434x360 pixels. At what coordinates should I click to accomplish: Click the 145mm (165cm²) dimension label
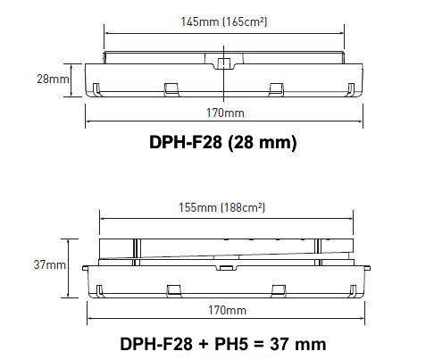pyautogui.click(x=224, y=21)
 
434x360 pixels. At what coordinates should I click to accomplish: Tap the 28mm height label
pyautogui.click(x=53, y=79)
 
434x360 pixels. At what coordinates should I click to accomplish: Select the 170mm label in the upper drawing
pyautogui.click(x=225, y=113)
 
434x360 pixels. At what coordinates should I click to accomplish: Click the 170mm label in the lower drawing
pyautogui.click(x=227, y=310)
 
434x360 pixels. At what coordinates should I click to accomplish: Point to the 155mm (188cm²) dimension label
pyautogui.click(x=221, y=207)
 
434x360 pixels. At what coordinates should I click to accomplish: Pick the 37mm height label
pyautogui.click(x=50, y=264)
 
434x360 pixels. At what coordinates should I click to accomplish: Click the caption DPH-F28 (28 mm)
pyautogui.click(x=223, y=142)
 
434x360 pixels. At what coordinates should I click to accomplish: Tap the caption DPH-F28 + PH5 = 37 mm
pyautogui.click(x=223, y=344)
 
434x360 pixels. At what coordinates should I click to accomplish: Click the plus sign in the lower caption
pyautogui.click(x=204, y=345)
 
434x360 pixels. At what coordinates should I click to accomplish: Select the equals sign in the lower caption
pyautogui.click(x=259, y=345)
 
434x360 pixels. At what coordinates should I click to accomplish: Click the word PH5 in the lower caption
pyautogui.click(x=231, y=344)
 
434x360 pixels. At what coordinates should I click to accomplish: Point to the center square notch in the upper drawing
pyautogui.click(x=224, y=63)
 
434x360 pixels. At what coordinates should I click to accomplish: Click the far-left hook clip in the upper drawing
pyautogui.click(x=96, y=89)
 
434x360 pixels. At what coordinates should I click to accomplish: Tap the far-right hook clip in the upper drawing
pyautogui.click(x=351, y=89)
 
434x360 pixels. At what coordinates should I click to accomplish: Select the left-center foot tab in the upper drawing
pyautogui.click(x=171, y=89)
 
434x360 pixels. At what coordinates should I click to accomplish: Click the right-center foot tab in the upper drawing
pyautogui.click(x=276, y=89)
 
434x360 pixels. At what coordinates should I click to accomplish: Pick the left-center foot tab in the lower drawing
pyautogui.click(x=174, y=291)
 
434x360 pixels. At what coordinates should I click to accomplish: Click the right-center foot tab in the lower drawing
pyautogui.click(x=279, y=291)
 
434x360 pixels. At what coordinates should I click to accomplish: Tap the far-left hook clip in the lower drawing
pyautogui.click(x=100, y=291)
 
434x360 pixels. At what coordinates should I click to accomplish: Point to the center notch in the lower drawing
pyautogui.click(x=226, y=267)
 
